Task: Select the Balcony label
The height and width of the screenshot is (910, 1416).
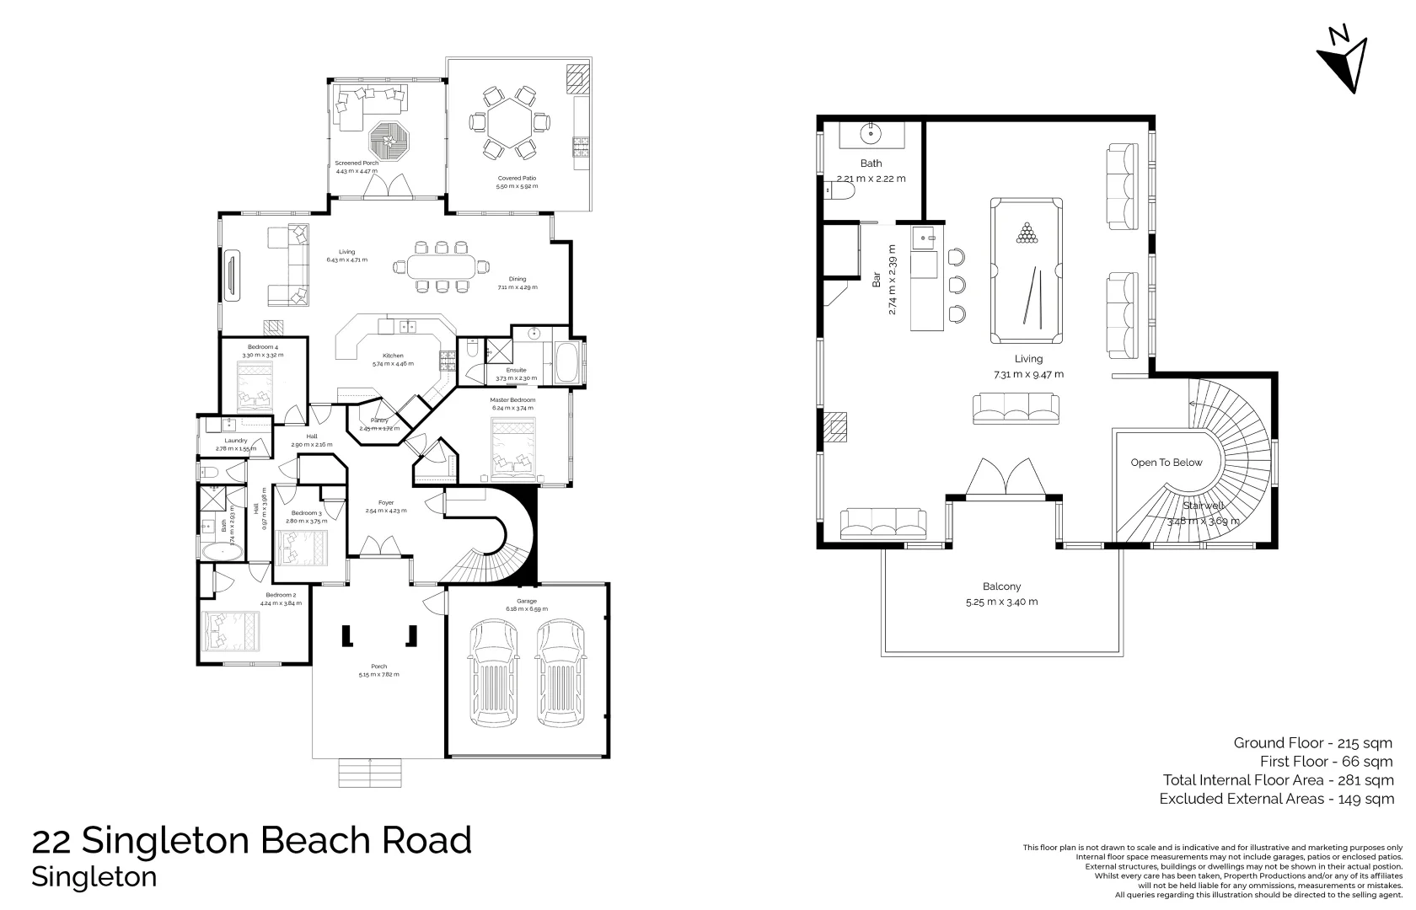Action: coord(1001,587)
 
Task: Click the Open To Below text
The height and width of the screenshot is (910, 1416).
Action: coord(1167,463)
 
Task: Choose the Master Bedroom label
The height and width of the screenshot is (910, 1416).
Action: coord(512,400)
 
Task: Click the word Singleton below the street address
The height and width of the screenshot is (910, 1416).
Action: coord(94,877)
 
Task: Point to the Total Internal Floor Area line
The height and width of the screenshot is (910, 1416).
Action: coord(1278,780)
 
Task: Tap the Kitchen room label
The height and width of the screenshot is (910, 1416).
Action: coord(393,356)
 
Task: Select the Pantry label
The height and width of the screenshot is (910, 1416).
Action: coord(379,420)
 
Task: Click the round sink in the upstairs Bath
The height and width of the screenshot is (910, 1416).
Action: coord(870,132)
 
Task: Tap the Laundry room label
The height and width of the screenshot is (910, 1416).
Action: coord(236,441)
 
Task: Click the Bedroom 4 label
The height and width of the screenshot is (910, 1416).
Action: coord(263,347)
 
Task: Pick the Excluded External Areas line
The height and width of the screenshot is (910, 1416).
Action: coord(1276,799)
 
